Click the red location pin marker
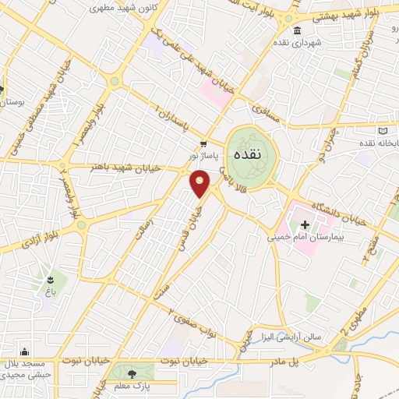200,183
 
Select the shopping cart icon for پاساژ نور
203,143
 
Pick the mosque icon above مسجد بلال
26,352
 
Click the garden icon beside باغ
51,279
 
